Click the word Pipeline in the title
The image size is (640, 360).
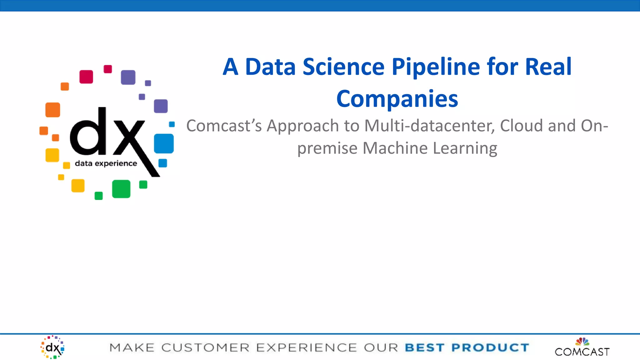pos(436,67)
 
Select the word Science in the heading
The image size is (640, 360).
pos(343,67)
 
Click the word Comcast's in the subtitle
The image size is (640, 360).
pos(224,126)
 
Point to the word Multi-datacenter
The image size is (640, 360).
pos(430,126)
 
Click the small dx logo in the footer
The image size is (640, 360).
pos(52,347)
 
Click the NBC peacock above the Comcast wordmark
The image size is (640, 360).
pos(582,341)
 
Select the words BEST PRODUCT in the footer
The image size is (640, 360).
pos(467,347)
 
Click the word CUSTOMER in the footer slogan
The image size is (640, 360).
pos(205,347)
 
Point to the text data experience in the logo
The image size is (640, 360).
pos(106,163)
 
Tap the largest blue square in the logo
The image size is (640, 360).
pos(164,143)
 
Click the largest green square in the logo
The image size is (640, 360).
pos(121,189)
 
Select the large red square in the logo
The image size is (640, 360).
pos(86,77)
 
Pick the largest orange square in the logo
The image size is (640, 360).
pos(53,110)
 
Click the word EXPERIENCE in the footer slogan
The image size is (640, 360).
pos(306,347)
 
